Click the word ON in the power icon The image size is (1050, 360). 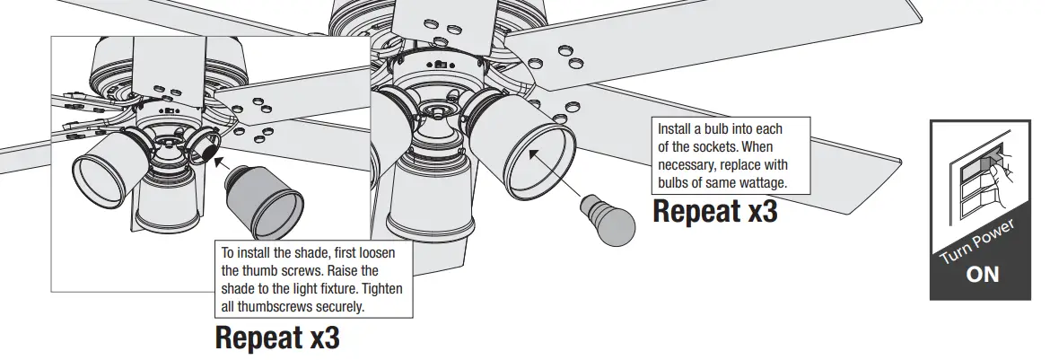[982, 274]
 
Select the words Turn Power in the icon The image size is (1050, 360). [976, 241]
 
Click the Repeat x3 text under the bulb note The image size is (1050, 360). [714, 212]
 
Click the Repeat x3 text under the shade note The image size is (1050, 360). [277, 338]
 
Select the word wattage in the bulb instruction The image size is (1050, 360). [757, 182]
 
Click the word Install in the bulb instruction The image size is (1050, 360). [676, 128]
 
